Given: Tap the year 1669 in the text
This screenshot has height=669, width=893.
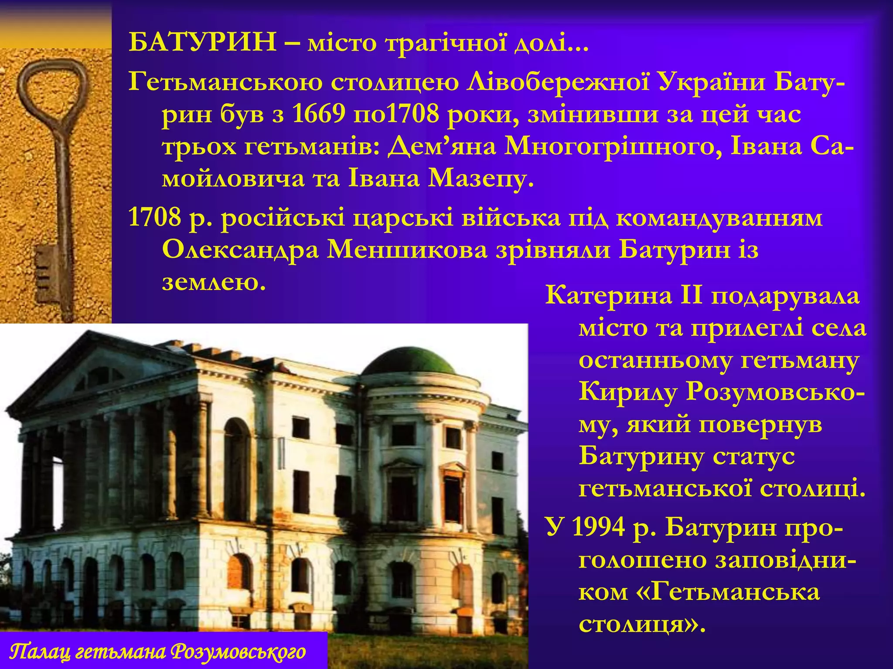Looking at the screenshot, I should click(x=319, y=114).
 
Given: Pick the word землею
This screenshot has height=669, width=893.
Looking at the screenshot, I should click(x=214, y=283).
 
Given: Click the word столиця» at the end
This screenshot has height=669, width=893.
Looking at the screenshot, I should click(x=641, y=625).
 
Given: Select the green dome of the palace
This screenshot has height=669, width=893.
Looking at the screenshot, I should click(x=409, y=363).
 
